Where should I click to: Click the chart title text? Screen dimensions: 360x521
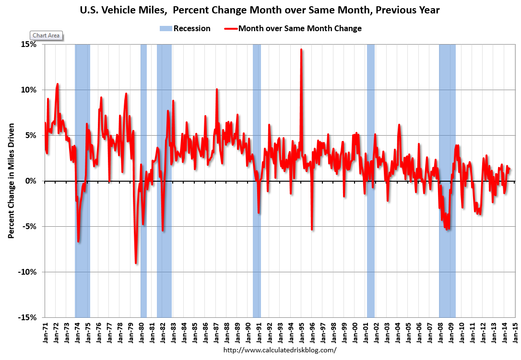260,9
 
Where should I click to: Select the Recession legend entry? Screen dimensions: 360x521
185,28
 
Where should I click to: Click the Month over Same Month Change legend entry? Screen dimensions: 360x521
293,28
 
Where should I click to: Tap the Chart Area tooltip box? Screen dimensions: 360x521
47,35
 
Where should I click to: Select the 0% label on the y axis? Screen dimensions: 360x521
32,181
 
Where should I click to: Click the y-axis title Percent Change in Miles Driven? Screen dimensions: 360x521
11,181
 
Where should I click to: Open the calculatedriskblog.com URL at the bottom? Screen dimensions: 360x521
280,350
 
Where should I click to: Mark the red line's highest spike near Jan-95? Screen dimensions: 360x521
301,49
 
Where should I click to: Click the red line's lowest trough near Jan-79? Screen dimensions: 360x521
136,263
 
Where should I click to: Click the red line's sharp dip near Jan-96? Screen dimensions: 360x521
312,229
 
